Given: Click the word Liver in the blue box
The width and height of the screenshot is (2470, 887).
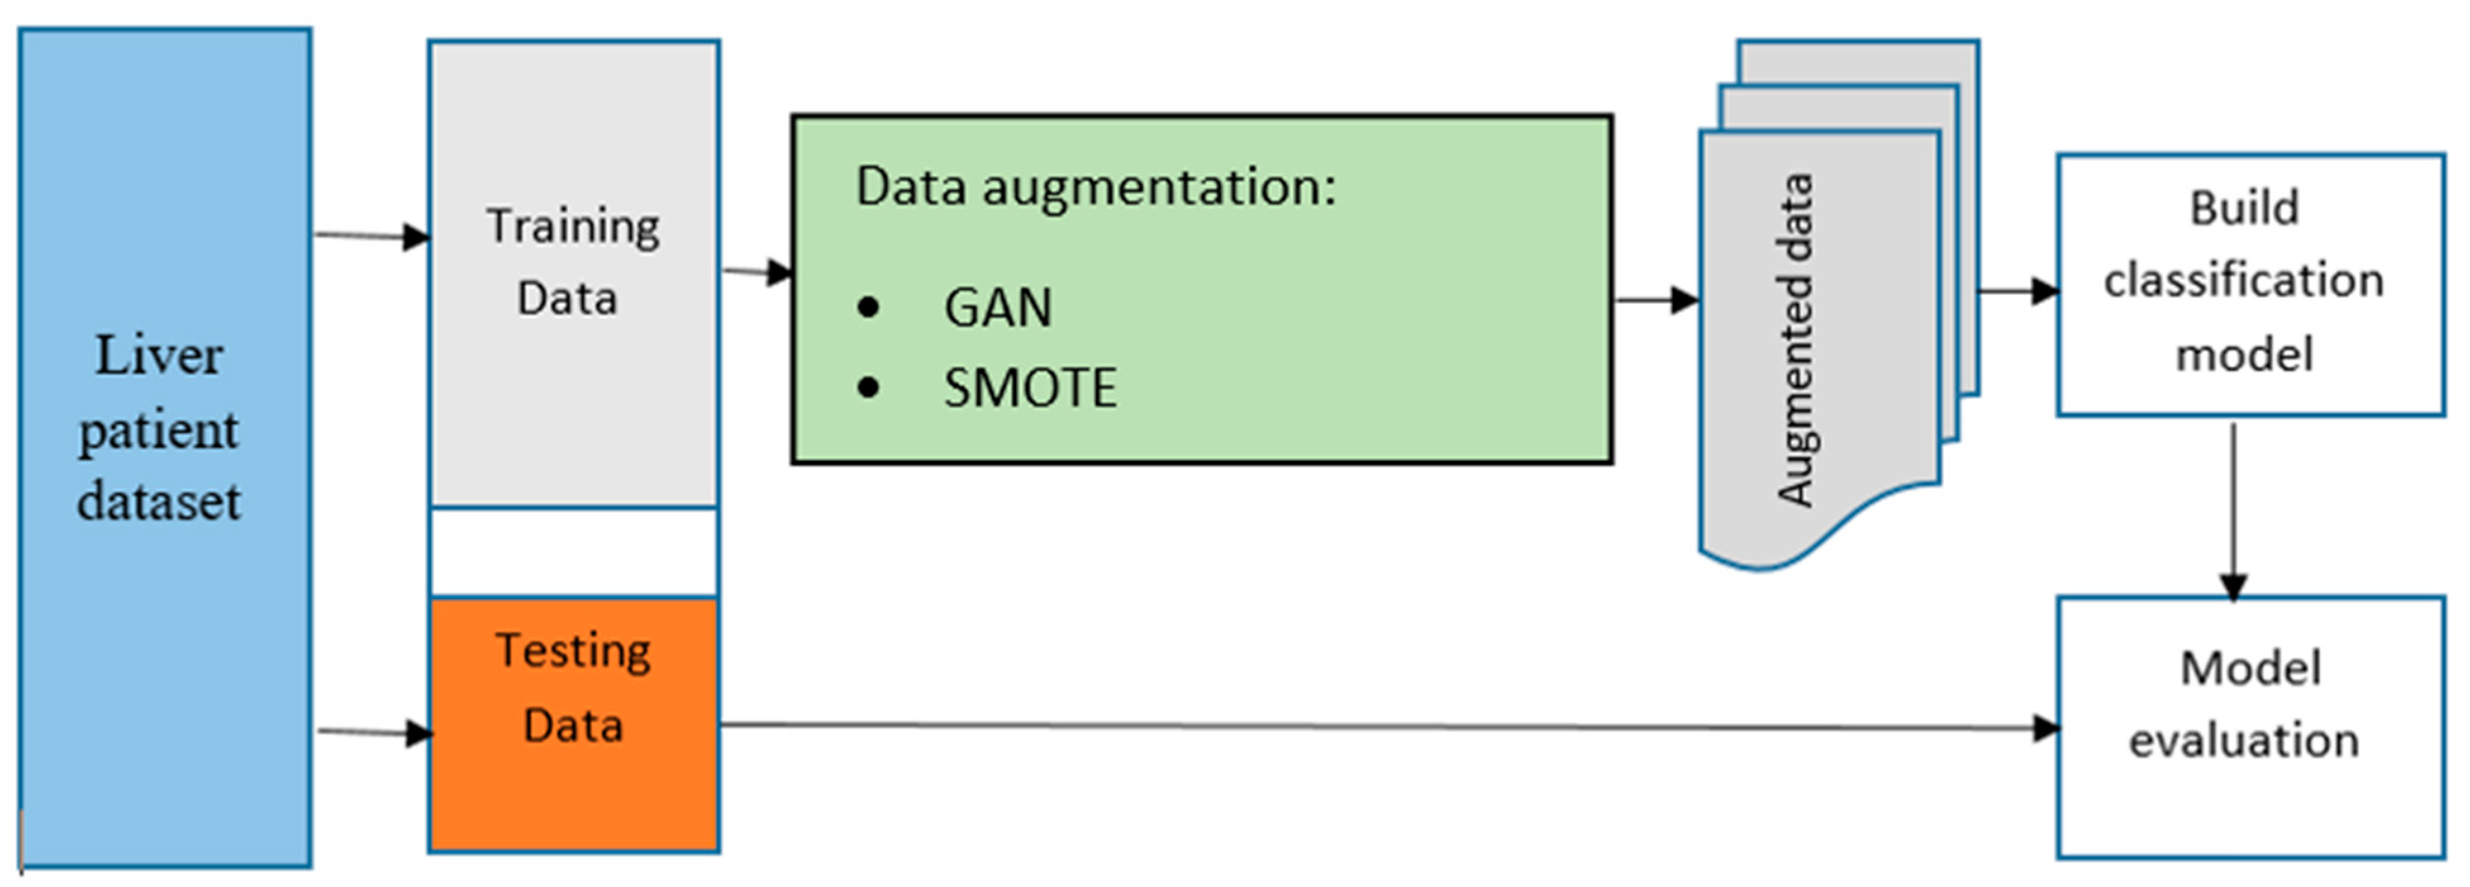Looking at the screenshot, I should click(159, 356).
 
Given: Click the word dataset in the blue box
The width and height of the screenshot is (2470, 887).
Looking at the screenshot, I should click(159, 501).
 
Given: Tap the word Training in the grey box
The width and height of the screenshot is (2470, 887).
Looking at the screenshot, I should click(574, 226).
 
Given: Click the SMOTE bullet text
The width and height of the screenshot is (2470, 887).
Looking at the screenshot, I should click(1030, 388).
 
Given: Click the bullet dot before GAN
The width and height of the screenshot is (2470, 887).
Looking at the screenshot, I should click(868, 308).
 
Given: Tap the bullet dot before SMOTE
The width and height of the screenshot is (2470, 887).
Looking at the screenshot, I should click(868, 388).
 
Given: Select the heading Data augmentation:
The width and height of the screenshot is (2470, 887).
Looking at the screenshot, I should click(1095, 186).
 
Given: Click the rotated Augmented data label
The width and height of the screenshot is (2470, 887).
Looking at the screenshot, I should click(1795, 341).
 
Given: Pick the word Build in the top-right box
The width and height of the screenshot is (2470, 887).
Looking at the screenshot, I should click(2244, 208).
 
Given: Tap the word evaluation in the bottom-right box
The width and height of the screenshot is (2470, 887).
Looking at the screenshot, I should click(2244, 740).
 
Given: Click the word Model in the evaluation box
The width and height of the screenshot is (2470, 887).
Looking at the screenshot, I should click(2250, 669).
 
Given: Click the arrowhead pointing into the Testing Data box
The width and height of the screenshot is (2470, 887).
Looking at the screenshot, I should click(420, 734).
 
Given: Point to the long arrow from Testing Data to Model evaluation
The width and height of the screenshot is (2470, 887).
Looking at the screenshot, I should click(1381, 726).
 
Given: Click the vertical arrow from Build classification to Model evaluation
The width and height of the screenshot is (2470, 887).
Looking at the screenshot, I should click(2234, 508).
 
